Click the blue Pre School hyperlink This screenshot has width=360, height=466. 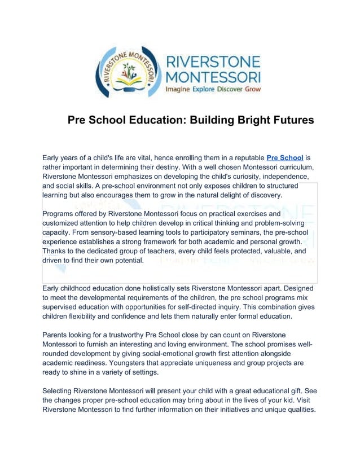pyautogui.click(x=285, y=157)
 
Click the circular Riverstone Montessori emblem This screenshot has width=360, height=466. pyautogui.click(x=128, y=72)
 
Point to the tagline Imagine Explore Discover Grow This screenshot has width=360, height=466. pyautogui.click(x=213, y=89)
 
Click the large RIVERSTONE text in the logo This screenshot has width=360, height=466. pyautogui.click(x=213, y=61)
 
